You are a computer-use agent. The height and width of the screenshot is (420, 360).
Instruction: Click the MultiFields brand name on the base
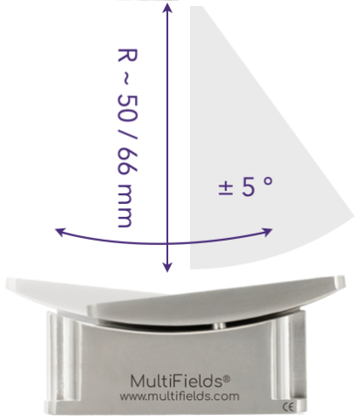click(x=177, y=381)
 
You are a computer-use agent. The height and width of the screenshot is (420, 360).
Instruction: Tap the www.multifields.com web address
click(x=180, y=396)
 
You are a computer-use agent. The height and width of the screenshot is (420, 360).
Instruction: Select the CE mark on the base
click(x=287, y=407)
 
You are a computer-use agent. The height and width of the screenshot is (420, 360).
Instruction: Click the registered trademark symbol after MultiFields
click(x=227, y=379)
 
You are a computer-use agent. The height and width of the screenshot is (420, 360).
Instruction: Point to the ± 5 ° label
click(x=245, y=186)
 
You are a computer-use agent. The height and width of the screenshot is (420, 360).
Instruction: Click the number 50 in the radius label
click(x=127, y=108)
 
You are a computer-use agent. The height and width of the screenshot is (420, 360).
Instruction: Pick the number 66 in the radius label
click(x=127, y=161)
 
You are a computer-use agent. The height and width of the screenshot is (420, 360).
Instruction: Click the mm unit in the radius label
click(x=125, y=206)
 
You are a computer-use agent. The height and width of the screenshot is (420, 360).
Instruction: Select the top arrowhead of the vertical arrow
click(x=167, y=8)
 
